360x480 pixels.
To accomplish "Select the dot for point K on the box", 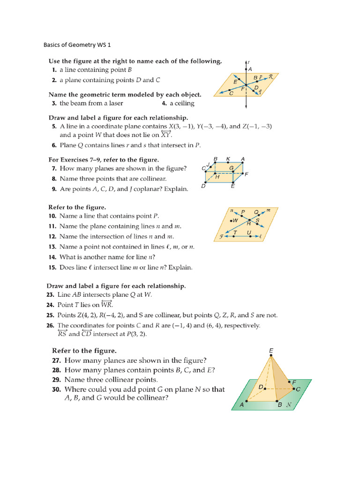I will click(x=228, y=164).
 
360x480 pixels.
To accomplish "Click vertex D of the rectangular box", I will click(x=205, y=182).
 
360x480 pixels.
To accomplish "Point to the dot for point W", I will click(x=231, y=220).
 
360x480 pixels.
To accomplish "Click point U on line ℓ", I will click(x=250, y=236).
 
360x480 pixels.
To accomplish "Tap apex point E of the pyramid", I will click(x=270, y=356).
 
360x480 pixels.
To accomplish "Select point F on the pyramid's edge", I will click(x=289, y=382).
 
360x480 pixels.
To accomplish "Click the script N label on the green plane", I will click(x=289, y=404).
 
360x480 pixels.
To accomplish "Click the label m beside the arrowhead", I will click(x=269, y=210).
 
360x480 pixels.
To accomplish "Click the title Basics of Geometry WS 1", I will click(x=77, y=45).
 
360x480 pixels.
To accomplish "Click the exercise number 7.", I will click(x=54, y=168).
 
